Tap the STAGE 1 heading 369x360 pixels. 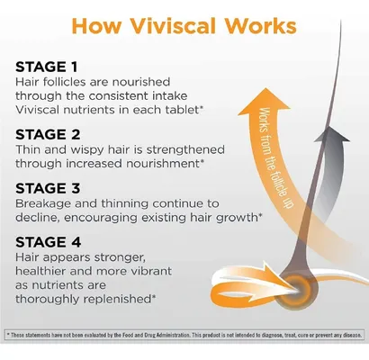47,67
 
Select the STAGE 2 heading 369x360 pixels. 48,134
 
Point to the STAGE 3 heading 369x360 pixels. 48,188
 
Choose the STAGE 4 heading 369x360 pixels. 49,242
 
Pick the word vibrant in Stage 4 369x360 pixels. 150,271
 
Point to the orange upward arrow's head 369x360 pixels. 265,102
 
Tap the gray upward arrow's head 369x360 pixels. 333,134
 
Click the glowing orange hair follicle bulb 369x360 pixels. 295,287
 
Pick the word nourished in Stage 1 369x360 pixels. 140,82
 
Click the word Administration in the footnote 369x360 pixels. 172,335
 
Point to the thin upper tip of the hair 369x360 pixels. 341,21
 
